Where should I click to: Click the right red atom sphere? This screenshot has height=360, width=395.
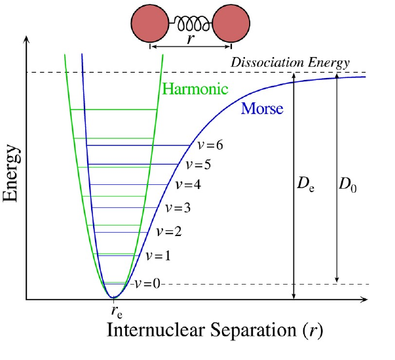232,24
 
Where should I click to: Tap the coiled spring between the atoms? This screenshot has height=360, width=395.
190,24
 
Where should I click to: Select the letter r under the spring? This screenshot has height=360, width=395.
190,39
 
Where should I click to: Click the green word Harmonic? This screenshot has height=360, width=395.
195,88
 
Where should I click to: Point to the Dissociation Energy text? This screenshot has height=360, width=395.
290,63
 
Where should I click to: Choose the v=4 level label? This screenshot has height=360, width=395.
187,184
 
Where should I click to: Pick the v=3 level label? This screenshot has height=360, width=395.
178,208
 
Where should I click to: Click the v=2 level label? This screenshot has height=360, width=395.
168,231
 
